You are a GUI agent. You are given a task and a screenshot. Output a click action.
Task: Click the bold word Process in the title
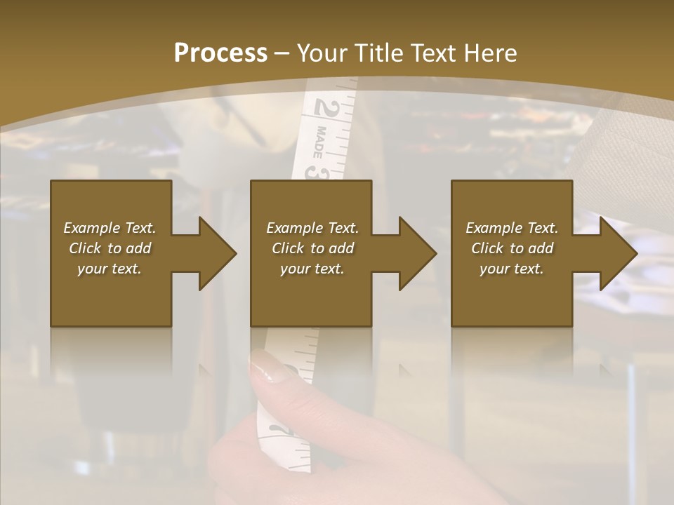pyautogui.click(x=220, y=53)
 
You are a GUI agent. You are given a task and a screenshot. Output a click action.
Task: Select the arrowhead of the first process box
pyautogui.click(x=218, y=253)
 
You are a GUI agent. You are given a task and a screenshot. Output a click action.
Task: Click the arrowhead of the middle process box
pyautogui.click(x=418, y=253)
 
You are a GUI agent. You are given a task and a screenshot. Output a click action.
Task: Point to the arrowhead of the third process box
pyautogui.click(x=619, y=253)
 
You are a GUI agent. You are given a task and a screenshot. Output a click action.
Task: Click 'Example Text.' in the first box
pyautogui.click(x=110, y=228)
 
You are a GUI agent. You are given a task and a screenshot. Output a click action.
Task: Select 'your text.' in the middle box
pyautogui.click(x=312, y=269)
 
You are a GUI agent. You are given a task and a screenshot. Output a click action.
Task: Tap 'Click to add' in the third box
pyautogui.click(x=512, y=248)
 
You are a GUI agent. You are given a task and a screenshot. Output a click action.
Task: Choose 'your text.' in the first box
pyautogui.click(x=110, y=269)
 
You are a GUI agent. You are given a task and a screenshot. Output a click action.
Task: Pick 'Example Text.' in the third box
pyautogui.click(x=512, y=228)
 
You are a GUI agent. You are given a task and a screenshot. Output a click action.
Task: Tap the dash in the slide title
pyautogui.click(x=282, y=53)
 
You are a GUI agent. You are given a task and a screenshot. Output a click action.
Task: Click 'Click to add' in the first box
pyautogui.click(x=110, y=248)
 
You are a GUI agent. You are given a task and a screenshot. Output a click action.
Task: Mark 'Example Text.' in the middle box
pyautogui.click(x=312, y=228)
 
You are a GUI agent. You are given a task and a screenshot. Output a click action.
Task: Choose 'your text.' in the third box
pyautogui.click(x=512, y=269)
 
